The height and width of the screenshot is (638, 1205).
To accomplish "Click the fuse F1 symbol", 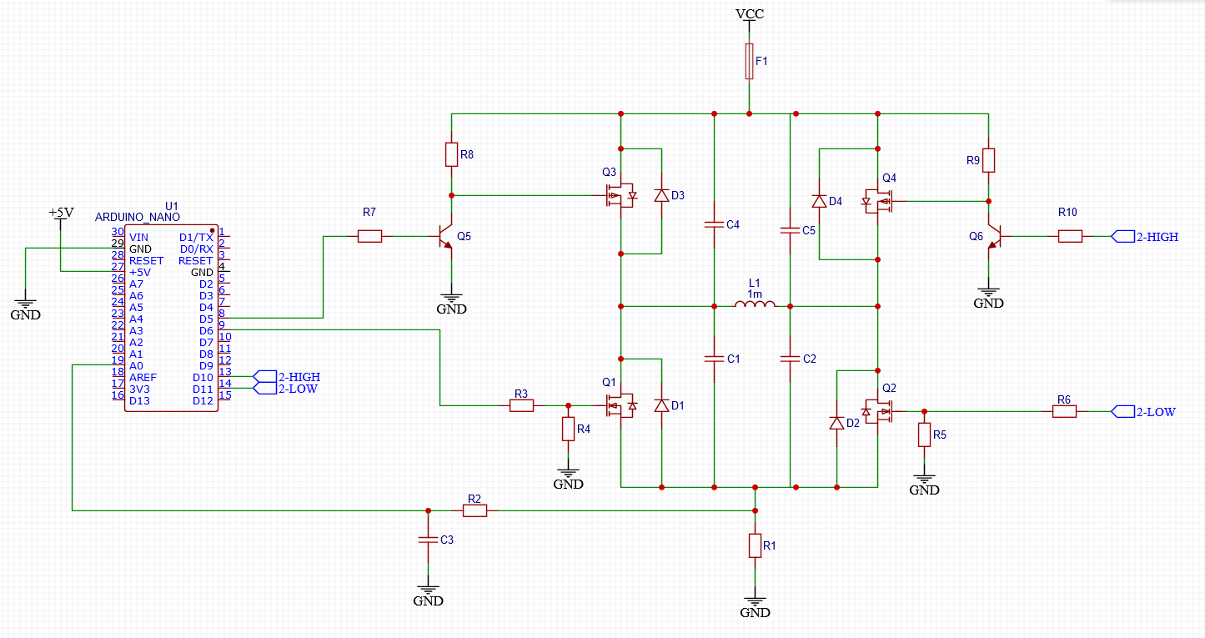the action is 749,62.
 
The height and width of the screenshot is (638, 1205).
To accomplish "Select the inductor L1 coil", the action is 755,304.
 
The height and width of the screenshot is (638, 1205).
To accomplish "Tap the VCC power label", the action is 750,14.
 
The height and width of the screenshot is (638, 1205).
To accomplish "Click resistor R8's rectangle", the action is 451,154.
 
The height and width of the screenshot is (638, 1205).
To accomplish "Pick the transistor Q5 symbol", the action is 446,237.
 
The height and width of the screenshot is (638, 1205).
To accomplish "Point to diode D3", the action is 661,195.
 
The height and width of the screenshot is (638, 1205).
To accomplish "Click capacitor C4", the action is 715,224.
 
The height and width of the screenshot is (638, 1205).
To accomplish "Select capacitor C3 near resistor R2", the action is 428,540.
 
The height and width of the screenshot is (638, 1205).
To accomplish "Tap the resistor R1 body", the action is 755,545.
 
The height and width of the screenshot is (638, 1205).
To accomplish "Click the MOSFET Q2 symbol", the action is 878,411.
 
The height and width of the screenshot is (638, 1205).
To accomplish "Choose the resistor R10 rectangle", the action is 1070,236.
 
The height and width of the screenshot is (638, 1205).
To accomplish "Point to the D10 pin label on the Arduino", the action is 203,378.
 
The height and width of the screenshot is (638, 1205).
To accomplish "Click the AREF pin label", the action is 143,378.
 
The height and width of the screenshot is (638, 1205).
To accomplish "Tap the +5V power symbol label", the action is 61,213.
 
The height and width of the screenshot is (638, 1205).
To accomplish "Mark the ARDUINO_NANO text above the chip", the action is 137,218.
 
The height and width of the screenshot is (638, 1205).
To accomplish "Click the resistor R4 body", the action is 568,429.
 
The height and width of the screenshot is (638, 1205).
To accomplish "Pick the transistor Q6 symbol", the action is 994,237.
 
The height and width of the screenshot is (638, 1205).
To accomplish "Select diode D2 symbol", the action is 836,424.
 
